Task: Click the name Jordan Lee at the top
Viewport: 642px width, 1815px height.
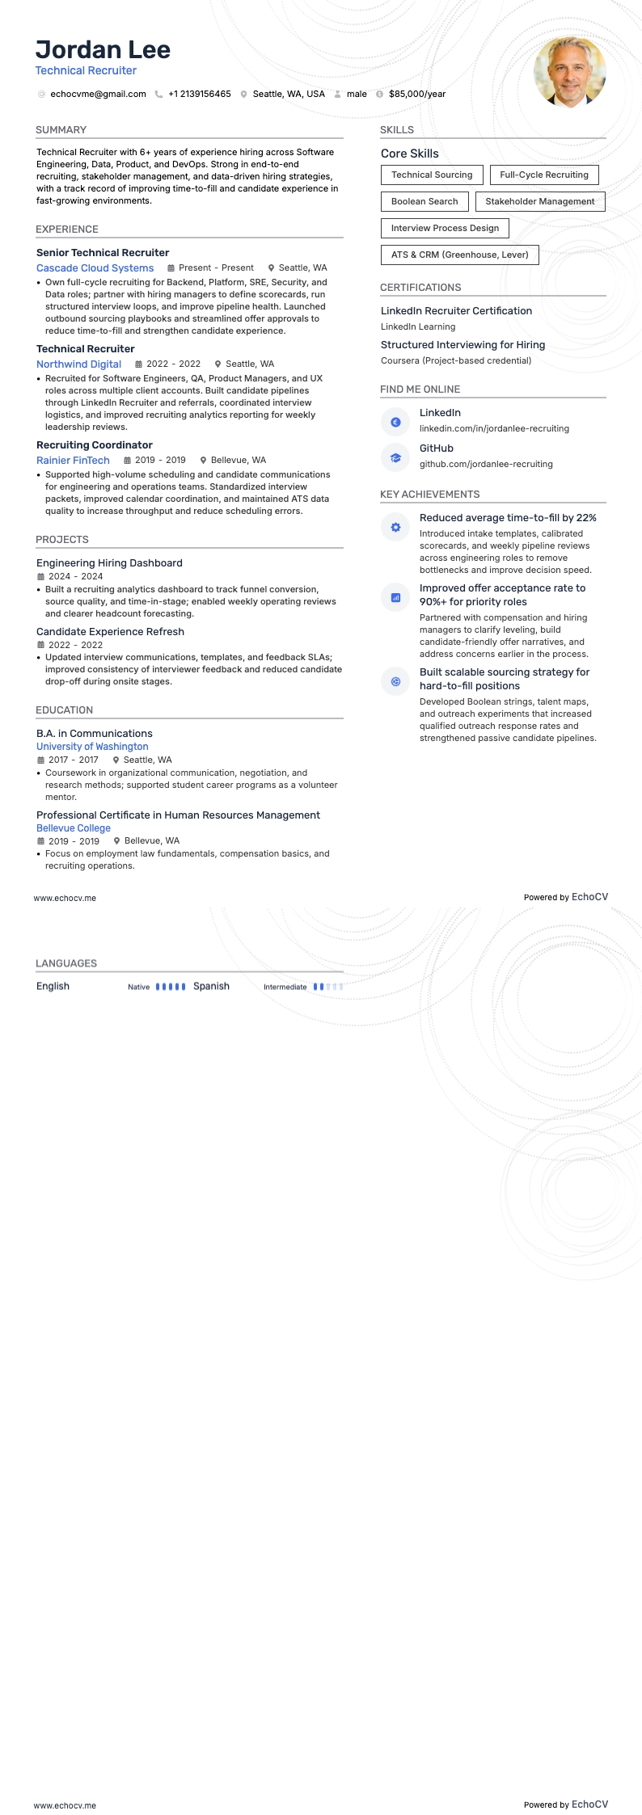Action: pyautogui.click(x=103, y=50)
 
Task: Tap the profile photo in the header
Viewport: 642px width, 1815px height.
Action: pyautogui.click(x=569, y=72)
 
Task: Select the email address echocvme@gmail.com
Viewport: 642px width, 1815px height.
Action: pyautogui.click(x=98, y=94)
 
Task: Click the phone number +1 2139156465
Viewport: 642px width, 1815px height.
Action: pyautogui.click(x=199, y=94)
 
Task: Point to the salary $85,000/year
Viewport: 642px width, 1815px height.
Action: pyautogui.click(x=417, y=94)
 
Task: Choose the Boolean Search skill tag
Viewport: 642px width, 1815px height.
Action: pyautogui.click(x=424, y=201)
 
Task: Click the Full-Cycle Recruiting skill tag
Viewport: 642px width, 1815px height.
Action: pyautogui.click(x=544, y=175)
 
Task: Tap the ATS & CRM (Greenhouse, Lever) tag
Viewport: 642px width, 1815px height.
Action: pyautogui.click(x=459, y=255)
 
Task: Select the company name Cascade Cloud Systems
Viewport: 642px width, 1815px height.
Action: pyautogui.click(x=95, y=267)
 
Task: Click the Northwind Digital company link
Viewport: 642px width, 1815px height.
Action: pyautogui.click(x=78, y=364)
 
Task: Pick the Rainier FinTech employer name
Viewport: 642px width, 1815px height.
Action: pyautogui.click(x=73, y=460)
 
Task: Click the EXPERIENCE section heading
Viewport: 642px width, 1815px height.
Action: pyautogui.click(x=67, y=230)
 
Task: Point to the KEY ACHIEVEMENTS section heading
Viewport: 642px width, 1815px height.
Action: pyautogui.click(x=429, y=495)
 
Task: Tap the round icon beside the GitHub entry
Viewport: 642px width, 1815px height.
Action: pyautogui.click(x=395, y=457)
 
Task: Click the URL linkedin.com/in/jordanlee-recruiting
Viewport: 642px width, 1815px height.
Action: pyautogui.click(x=494, y=428)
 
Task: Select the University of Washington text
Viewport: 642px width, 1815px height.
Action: pyautogui.click(x=92, y=747)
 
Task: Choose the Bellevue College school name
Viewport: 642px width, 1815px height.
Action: pyautogui.click(x=74, y=828)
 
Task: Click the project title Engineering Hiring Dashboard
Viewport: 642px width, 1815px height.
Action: pyautogui.click(x=109, y=563)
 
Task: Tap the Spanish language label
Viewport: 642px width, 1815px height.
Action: pyautogui.click(x=211, y=986)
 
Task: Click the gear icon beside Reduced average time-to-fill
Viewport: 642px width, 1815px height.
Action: pyautogui.click(x=395, y=528)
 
